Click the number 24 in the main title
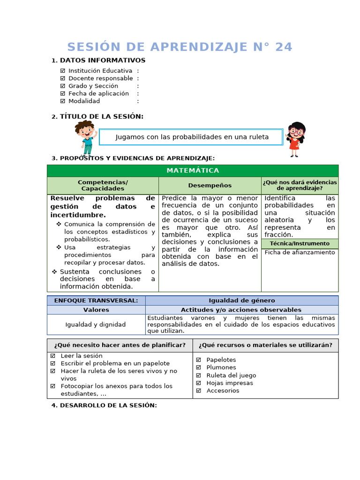tap(284, 47)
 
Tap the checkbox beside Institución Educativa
tap(63, 71)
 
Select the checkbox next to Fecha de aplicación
tap(63, 93)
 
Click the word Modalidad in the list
tap(84, 101)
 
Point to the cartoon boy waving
tap(85, 137)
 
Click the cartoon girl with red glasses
tap(295, 139)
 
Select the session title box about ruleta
tap(192, 137)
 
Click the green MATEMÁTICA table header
tap(193, 171)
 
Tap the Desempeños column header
tap(210, 185)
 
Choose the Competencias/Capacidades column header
tap(103, 185)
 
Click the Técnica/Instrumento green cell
tap(300, 243)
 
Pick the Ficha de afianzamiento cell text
tap(300, 252)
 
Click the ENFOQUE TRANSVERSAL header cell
tap(96, 300)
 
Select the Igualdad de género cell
tap(241, 300)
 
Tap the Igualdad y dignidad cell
tap(96, 324)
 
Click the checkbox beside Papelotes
tap(199, 360)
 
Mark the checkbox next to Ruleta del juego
tap(199, 375)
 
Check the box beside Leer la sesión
tap(53, 356)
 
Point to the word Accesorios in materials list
tap(223, 390)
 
